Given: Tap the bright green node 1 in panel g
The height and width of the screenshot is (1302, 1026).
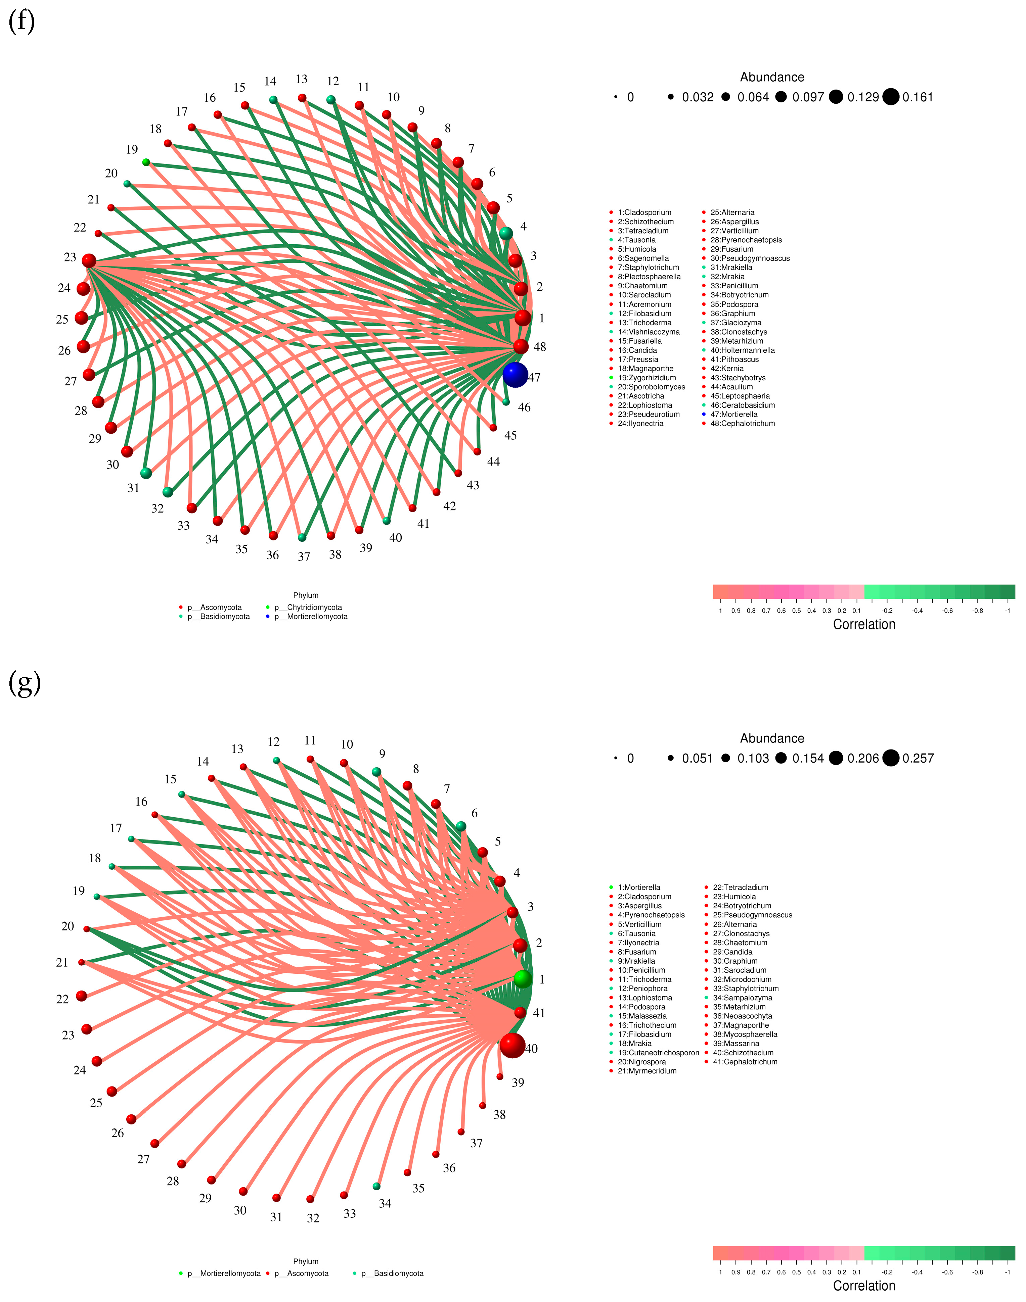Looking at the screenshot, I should (523, 979).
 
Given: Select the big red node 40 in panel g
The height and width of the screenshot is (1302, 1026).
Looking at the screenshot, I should (512, 1045).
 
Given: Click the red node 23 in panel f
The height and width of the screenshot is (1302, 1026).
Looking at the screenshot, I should (89, 260).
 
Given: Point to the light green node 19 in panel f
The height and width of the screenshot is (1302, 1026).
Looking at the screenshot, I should (146, 162).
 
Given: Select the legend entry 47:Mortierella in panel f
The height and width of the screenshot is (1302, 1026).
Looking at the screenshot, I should (733, 414).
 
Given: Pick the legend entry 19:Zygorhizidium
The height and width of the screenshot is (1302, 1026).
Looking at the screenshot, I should (646, 378).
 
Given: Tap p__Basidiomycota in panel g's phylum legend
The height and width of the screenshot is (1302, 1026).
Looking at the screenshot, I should (392, 1273).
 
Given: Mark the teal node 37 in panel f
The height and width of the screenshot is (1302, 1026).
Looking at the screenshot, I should (302, 537).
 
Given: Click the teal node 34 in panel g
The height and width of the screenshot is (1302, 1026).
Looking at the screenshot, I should (376, 1186).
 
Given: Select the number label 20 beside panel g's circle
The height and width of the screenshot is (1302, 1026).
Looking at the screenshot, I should (68, 926).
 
